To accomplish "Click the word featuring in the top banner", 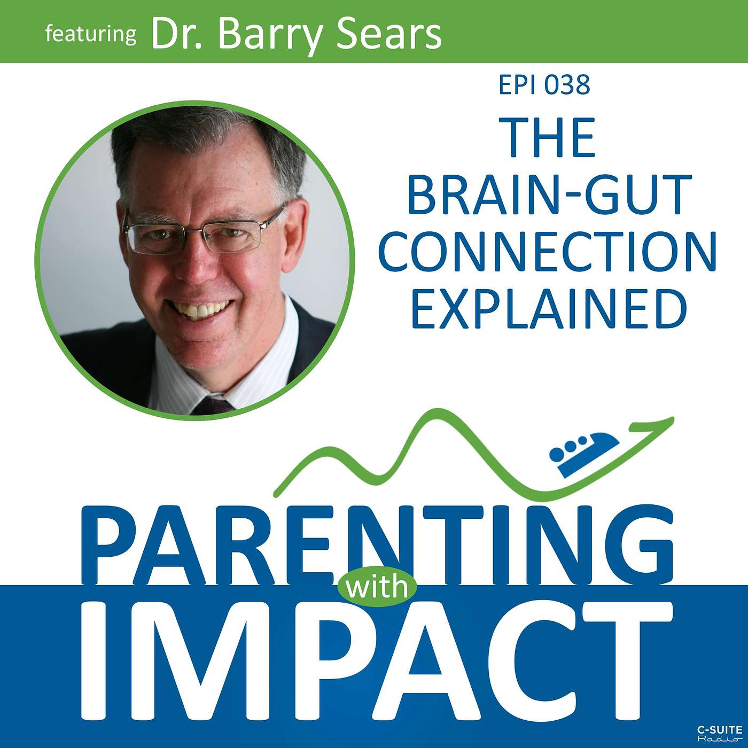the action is coord(90,35).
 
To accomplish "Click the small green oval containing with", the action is coord(377,587).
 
